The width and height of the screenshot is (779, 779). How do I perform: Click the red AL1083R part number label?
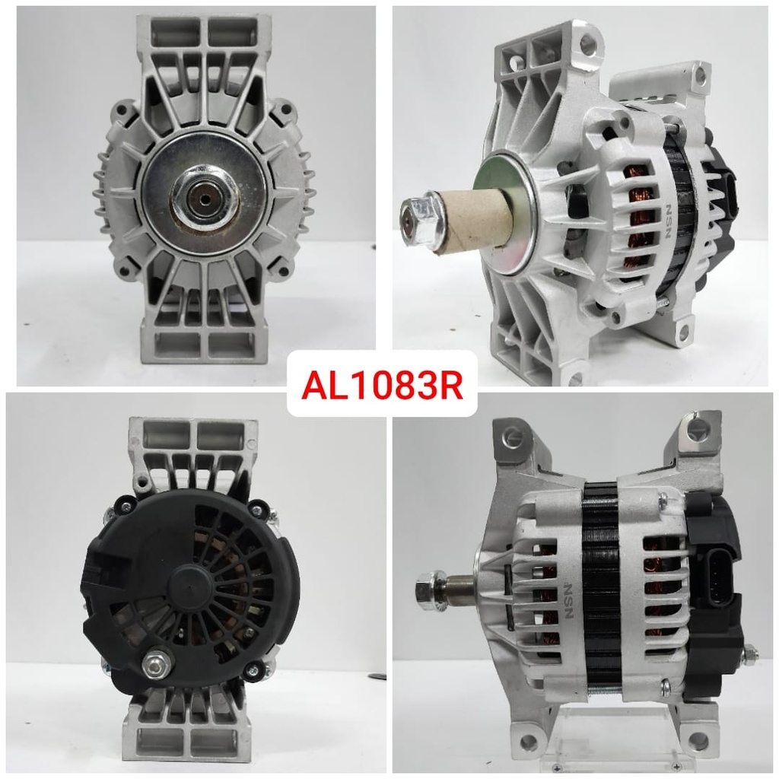(382, 385)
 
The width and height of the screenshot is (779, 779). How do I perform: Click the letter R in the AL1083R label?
(450, 386)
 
